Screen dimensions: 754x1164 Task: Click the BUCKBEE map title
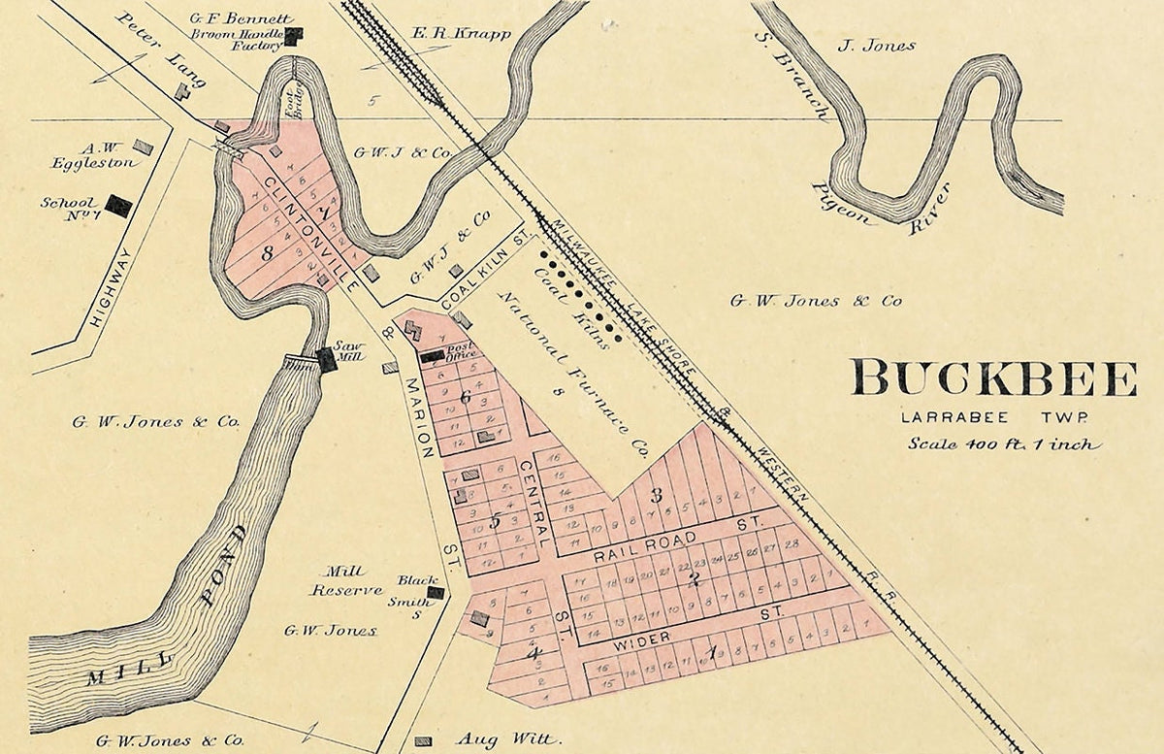(993, 378)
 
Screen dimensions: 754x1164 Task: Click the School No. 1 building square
(118, 206)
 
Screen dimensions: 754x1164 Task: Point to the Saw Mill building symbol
(327, 359)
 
